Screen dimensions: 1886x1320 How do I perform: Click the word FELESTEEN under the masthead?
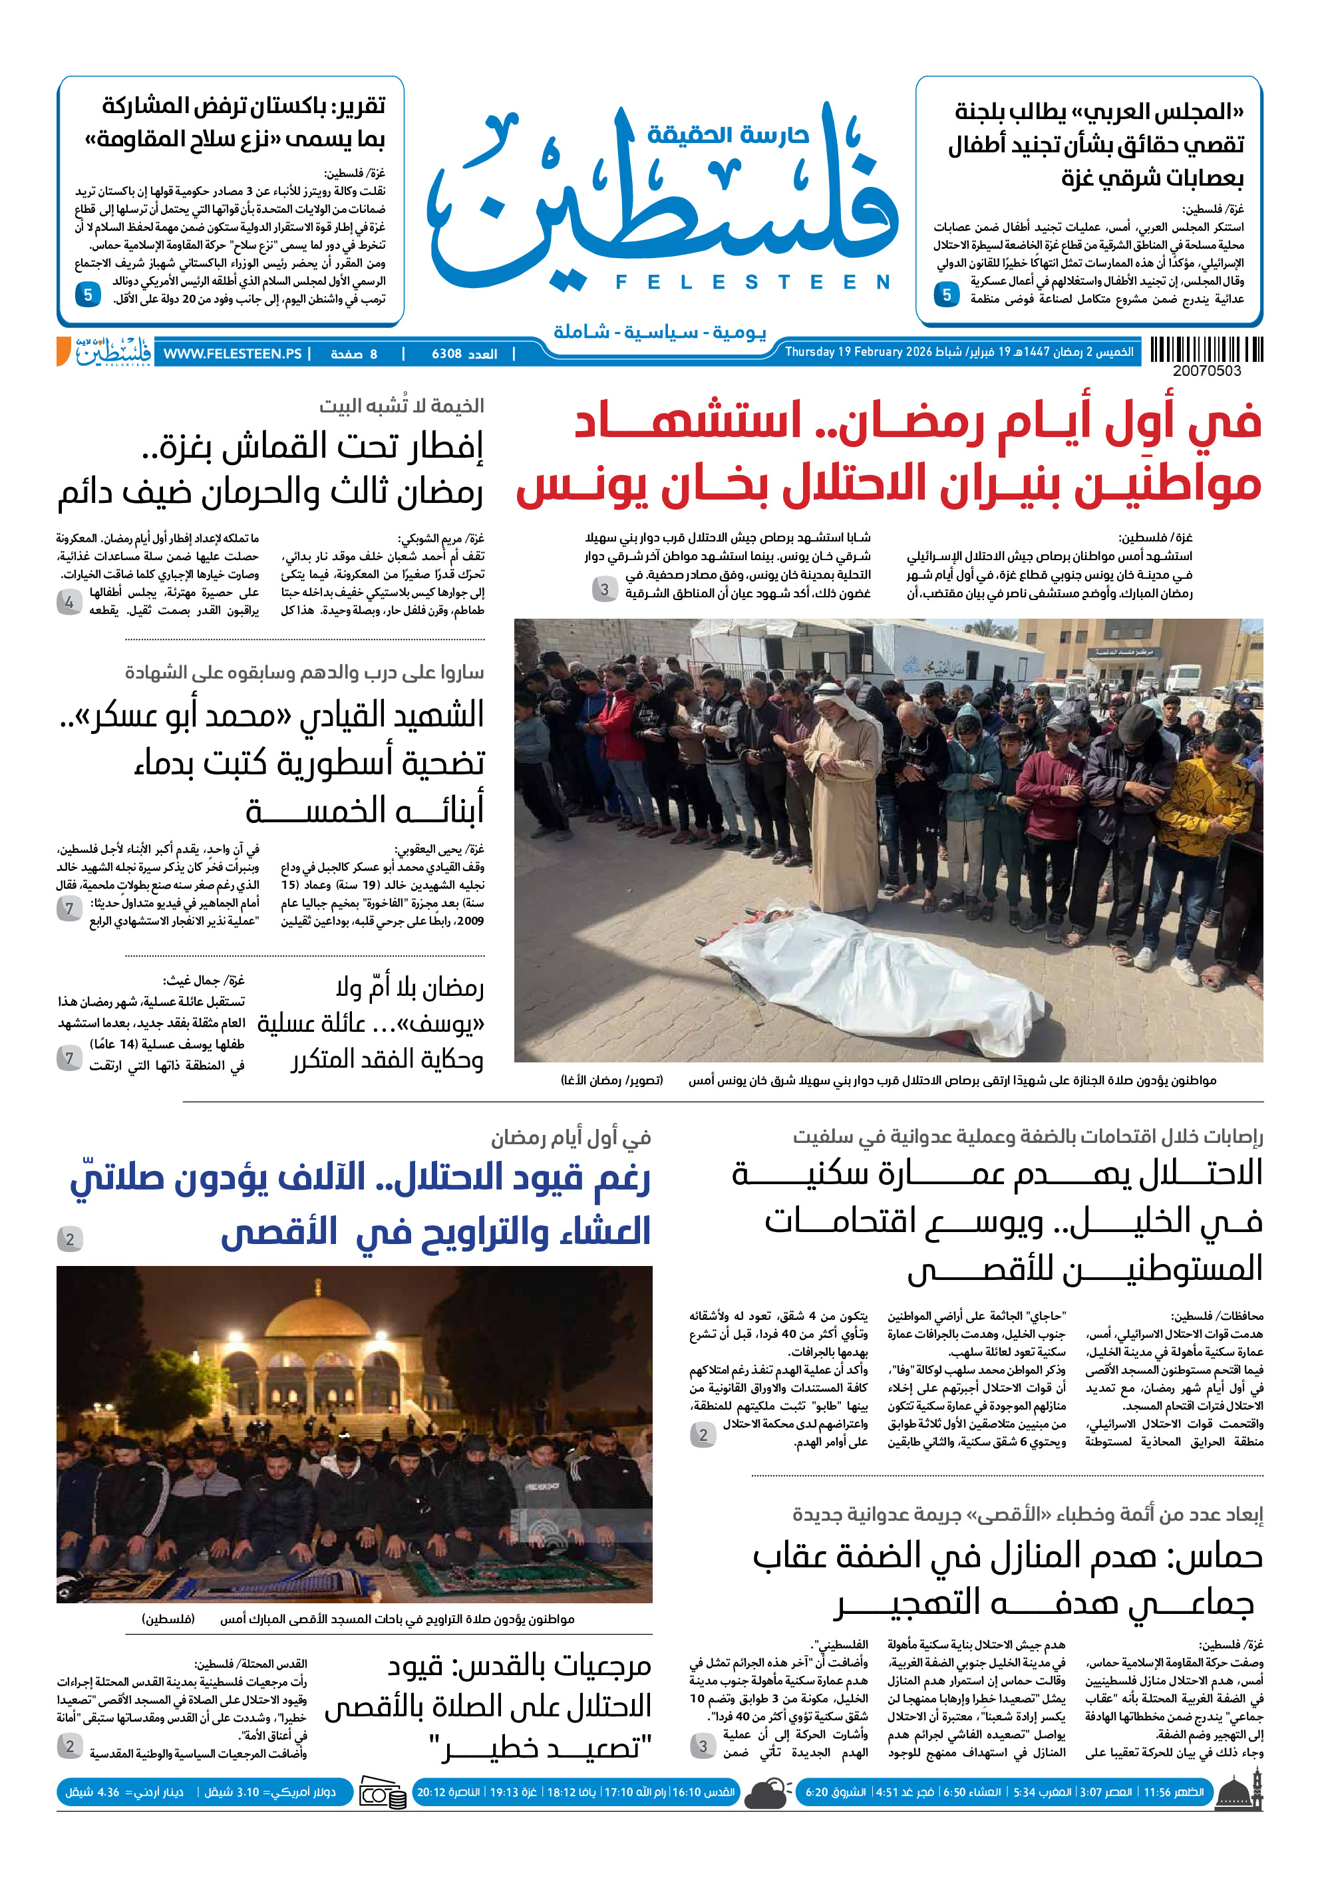coord(752,283)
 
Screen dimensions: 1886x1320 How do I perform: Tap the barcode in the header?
coord(1206,350)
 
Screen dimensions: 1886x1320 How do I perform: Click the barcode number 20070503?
coord(1206,371)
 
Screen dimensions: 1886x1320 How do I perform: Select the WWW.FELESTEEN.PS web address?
coord(232,354)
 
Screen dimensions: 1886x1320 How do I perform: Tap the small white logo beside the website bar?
coord(112,351)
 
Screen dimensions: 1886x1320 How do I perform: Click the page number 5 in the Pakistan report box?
coord(87,294)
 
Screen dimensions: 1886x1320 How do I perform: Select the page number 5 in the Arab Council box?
coord(946,294)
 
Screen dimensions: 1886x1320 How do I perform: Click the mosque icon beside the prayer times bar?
coord(1239,1792)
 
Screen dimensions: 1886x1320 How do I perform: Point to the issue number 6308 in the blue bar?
coord(464,354)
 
